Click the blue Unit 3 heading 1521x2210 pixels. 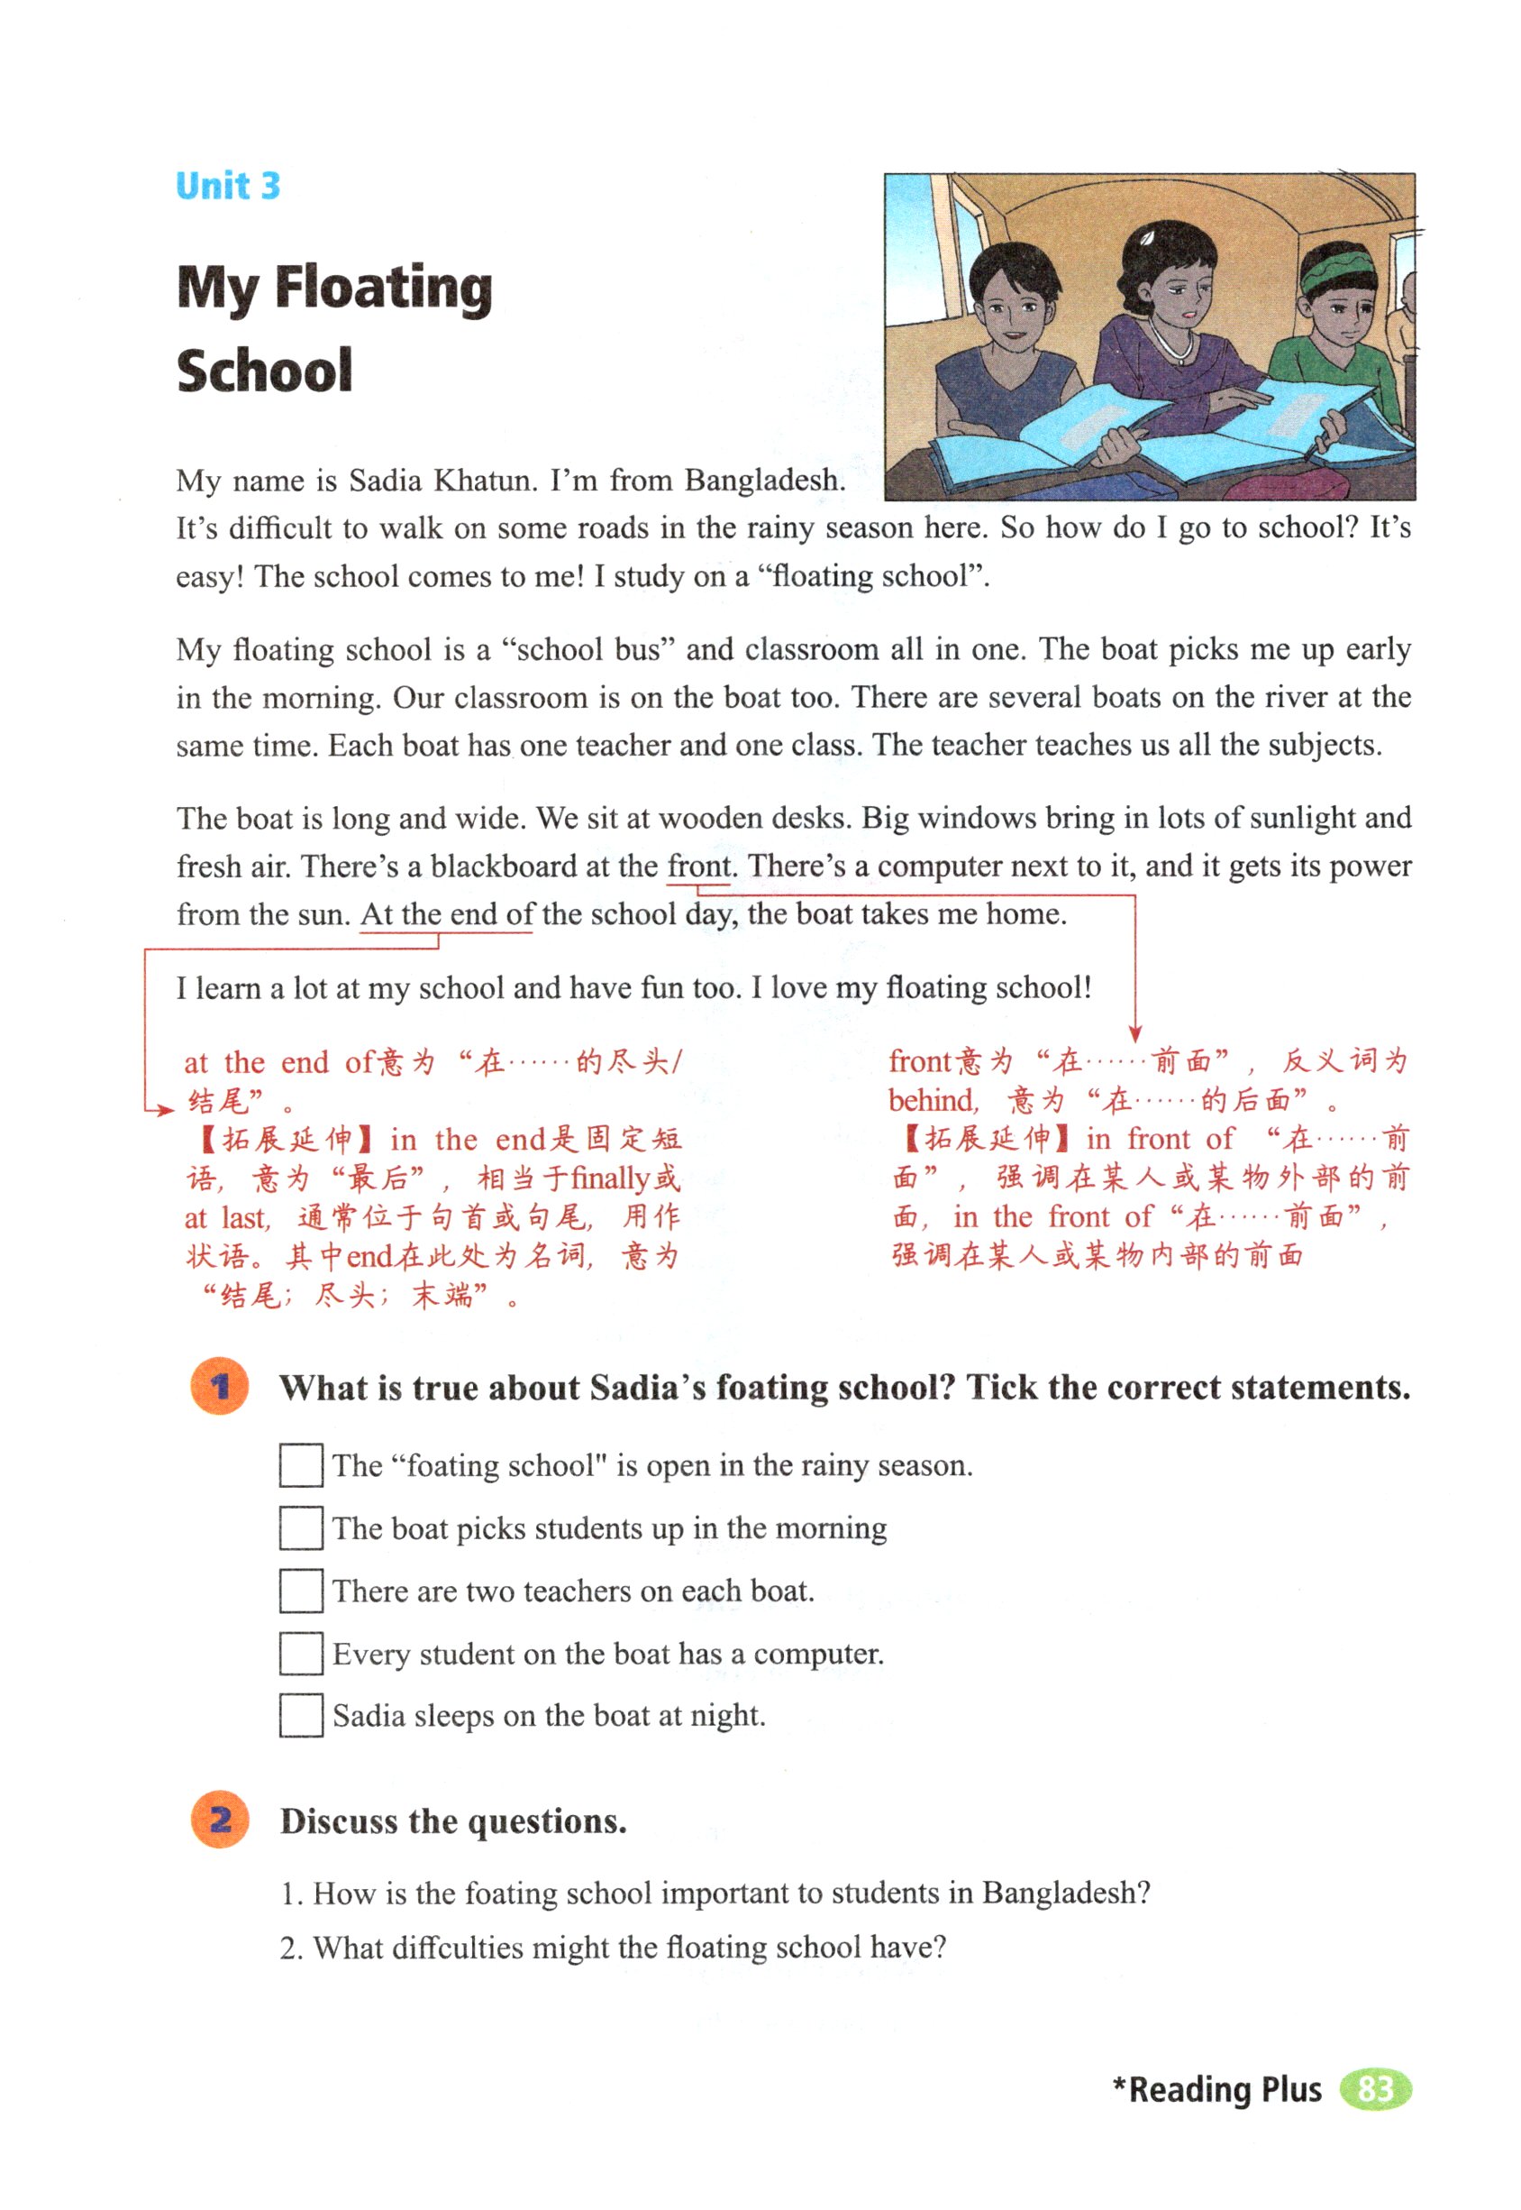(x=228, y=185)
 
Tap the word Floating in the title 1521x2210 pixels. (x=383, y=287)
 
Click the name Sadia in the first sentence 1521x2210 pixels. (x=385, y=480)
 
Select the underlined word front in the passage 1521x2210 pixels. (x=699, y=866)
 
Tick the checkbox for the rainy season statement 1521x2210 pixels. (x=300, y=1465)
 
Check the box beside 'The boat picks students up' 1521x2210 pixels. (x=300, y=1527)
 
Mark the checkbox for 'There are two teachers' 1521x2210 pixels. (x=300, y=1591)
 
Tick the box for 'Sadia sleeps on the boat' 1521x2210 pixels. (x=300, y=1715)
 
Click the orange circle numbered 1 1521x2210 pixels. (x=220, y=1386)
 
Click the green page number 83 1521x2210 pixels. (x=1374, y=2089)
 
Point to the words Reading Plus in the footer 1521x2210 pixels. (x=1225, y=2089)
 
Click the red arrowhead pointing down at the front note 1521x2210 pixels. (x=1134, y=1033)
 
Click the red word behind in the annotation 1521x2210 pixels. (x=933, y=1100)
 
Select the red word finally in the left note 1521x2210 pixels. (x=610, y=1178)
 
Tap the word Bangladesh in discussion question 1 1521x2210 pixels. (x=1065, y=1893)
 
